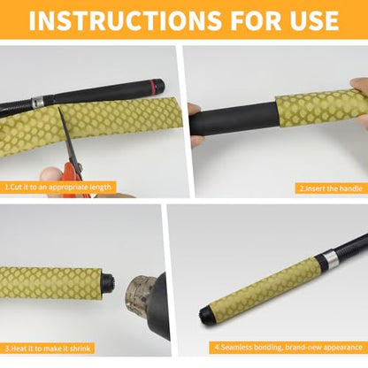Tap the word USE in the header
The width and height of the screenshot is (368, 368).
(x=314, y=20)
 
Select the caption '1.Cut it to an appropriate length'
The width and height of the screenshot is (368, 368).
(x=58, y=188)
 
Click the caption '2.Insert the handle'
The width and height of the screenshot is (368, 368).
(x=331, y=188)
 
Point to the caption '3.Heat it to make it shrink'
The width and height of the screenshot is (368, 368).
(x=48, y=349)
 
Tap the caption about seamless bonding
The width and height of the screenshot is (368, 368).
(x=288, y=347)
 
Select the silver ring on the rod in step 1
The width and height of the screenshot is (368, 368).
(x=37, y=102)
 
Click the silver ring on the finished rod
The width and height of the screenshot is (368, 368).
(x=329, y=259)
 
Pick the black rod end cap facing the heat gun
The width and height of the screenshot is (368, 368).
(x=108, y=282)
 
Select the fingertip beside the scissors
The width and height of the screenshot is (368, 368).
(x=50, y=176)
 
